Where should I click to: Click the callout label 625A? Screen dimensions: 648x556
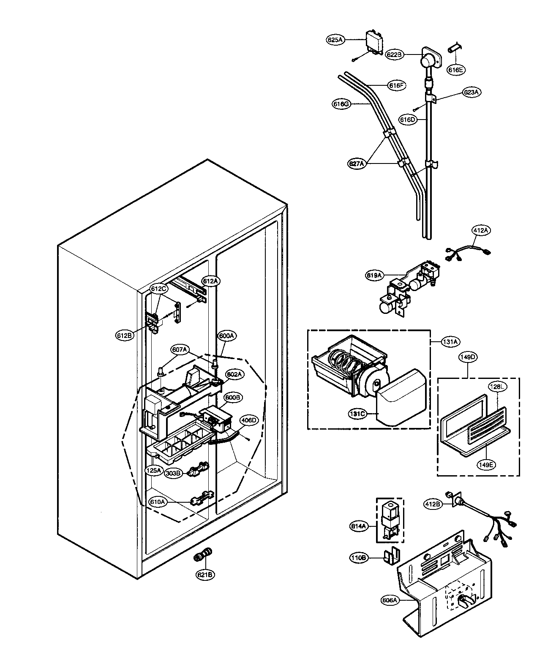point(335,40)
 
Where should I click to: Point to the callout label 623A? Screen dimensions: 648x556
point(460,92)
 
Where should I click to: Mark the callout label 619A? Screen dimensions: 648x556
point(375,275)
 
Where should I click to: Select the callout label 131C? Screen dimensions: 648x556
point(357,414)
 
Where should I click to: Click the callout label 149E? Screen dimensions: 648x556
point(486,465)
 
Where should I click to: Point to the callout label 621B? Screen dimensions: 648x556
point(204,574)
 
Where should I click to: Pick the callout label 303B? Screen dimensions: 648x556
point(173,473)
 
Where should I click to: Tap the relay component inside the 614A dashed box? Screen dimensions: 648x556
point(390,518)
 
